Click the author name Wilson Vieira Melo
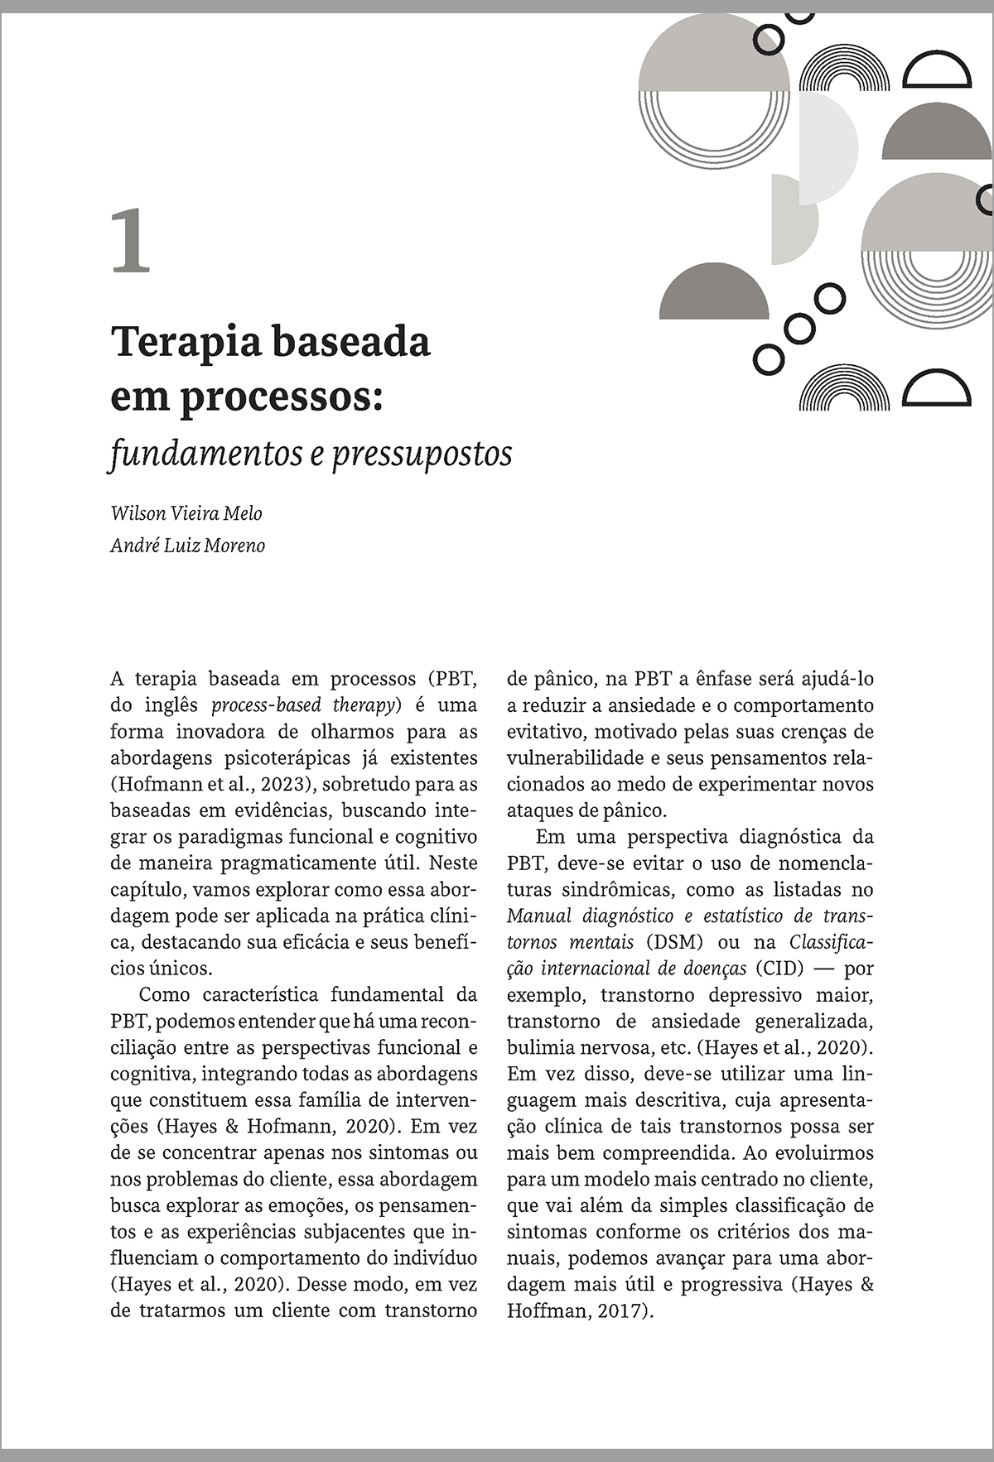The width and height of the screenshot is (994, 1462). tap(186, 513)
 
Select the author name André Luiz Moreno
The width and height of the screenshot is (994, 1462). tap(188, 546)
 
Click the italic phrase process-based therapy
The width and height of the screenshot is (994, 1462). tap(306, 705)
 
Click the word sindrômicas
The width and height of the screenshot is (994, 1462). tap(602, 890)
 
